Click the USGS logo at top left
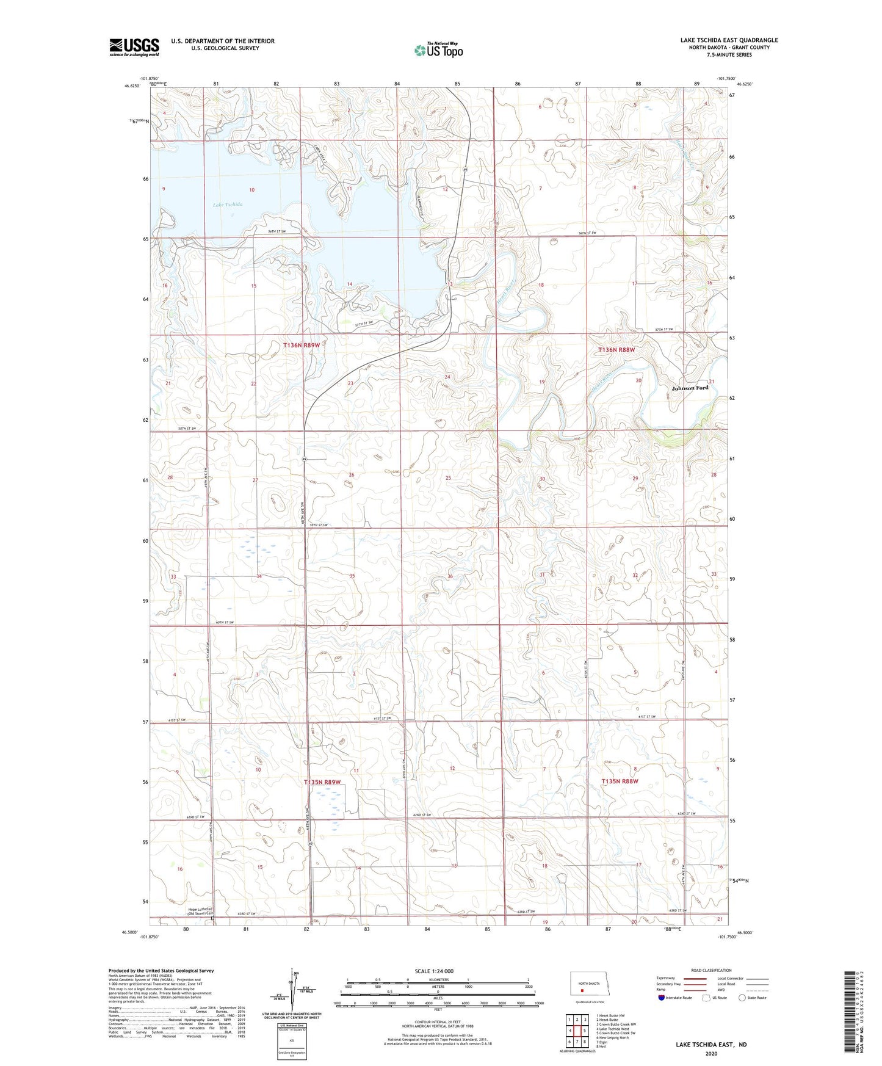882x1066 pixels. [x=134, y=47]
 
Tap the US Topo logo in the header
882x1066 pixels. [x=438, y=50]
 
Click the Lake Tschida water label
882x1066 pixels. [x=228, y=205]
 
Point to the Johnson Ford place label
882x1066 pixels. [x=690, y=388]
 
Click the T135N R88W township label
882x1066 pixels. [x=620, y=781]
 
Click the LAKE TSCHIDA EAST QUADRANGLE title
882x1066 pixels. [x=729, y=40]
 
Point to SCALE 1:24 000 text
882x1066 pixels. [x=433, y=971]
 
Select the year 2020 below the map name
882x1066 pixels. [x=710, y=1053]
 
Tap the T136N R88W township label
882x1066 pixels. [x=616, y=350]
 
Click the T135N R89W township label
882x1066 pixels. [x=322, y=781]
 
